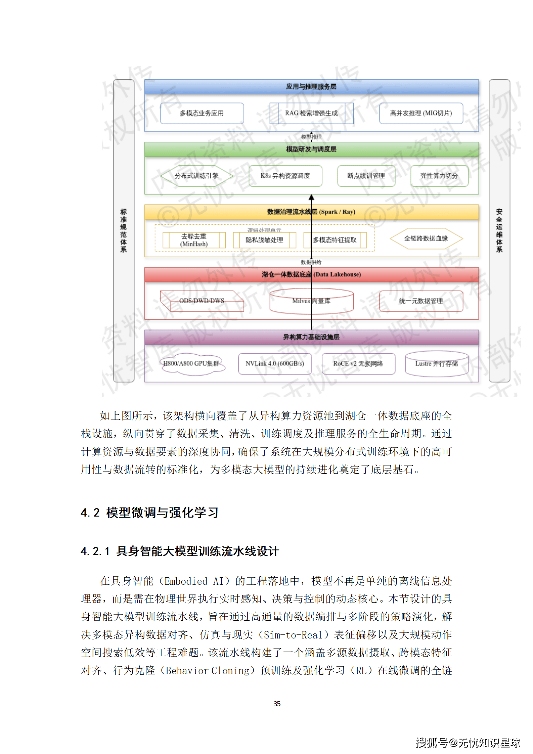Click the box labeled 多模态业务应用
[202, 113]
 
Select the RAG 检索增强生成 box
[311, 113]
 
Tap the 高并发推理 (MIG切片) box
[421, 113]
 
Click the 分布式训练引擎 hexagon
[196, 176]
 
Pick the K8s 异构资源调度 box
[285, 176]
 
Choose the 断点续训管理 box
[366, 176]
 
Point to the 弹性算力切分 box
[439, 176]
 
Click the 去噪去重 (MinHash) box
[194, 240]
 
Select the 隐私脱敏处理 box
[264, 240]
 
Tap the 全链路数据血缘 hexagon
[426, 238]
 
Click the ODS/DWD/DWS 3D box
[202, 301]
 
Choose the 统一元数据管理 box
[421, 301]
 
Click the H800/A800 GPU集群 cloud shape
[191, 363]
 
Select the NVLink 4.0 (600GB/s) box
[275, 363]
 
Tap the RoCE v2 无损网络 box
[358, 363]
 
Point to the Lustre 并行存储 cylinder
[437, 364]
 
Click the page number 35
[277, 704]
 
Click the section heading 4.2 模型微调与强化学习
[149, 513]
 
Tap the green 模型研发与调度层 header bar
[311, 149]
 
